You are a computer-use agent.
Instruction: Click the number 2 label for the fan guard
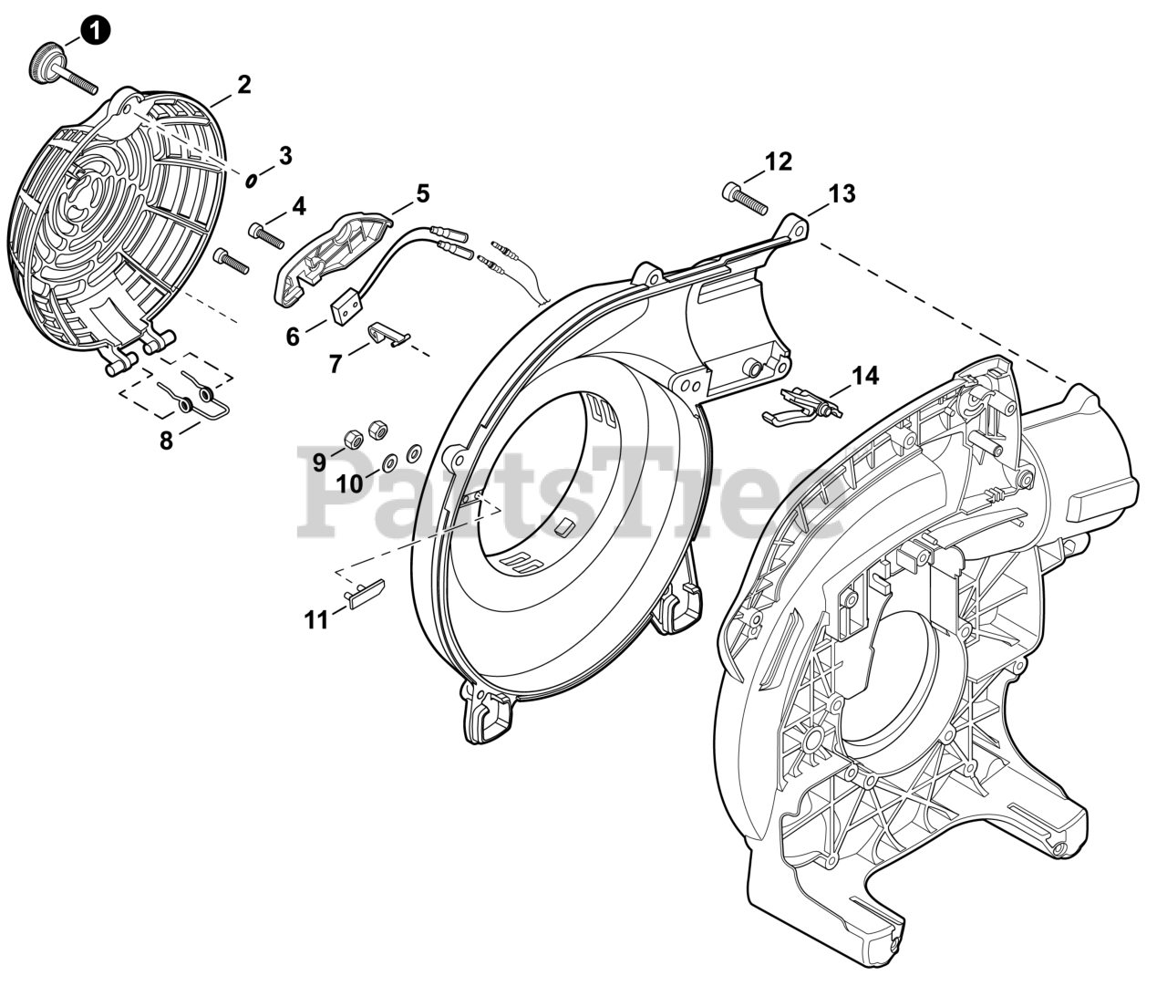click(x=243, y=86)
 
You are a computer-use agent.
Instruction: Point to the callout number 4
click(x=299, y=207)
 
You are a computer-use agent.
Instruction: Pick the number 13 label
click(x=842, y=193)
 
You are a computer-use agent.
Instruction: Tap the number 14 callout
click(x=865, y=375)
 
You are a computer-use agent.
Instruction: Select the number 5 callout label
click(x=422, y=193)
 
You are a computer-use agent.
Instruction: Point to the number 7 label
click(x=336, y=364)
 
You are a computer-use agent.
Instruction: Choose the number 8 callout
click(x=166, y=441)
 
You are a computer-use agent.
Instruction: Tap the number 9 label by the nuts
click(x=319, y=462)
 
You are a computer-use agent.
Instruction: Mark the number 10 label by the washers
click(x=349, y=484)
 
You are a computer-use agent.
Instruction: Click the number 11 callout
click(x=315, y=620)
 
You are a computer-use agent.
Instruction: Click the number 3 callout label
click(x=285, y=156)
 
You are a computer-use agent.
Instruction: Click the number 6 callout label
click(x=293, y=337)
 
